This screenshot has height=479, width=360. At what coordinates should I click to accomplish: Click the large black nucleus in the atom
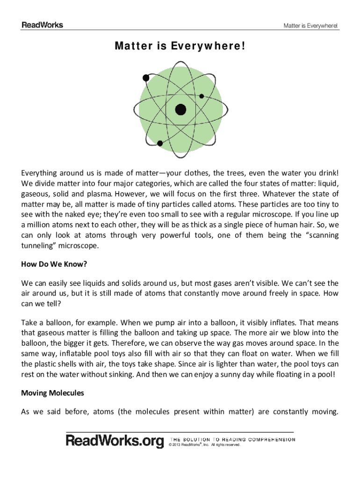tap(180, 109)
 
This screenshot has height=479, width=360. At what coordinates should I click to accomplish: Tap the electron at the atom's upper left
tap(145, 77)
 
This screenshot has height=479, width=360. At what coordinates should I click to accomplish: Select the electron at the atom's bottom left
tap(160, 143)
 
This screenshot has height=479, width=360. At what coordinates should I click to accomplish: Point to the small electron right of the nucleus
tap(202, 96)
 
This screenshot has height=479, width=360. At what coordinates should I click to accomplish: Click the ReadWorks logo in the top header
tap(42, 25)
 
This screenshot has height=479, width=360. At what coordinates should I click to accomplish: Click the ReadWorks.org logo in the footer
tap(115, 441)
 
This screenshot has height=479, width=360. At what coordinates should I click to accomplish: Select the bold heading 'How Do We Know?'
tap(54, 264)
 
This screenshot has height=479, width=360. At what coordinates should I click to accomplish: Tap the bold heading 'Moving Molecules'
tap(52, 393)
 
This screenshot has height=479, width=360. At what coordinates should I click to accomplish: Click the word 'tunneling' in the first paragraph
tap(37, 246)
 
